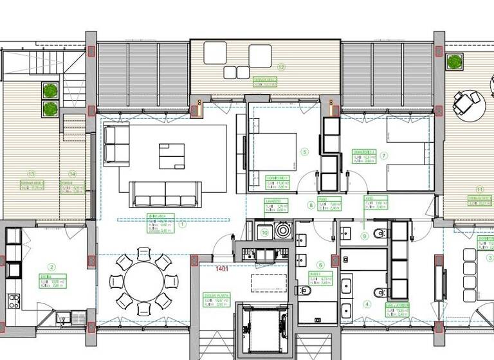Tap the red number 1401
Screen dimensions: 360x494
(223, 268)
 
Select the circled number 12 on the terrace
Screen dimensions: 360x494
(280, 66)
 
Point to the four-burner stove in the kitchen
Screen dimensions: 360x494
(13, 300)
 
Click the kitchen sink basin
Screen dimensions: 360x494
(62, 316)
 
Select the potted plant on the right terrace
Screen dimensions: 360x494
(455, 62)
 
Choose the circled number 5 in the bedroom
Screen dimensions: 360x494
(305, 152)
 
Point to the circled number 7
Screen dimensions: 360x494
(384, 156)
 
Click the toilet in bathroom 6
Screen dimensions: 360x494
(306, 291)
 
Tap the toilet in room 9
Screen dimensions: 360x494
(380, 232)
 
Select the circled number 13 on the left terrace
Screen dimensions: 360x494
(30, 173)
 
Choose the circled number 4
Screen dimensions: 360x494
(367, 305)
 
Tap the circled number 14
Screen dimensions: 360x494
(72, 174)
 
